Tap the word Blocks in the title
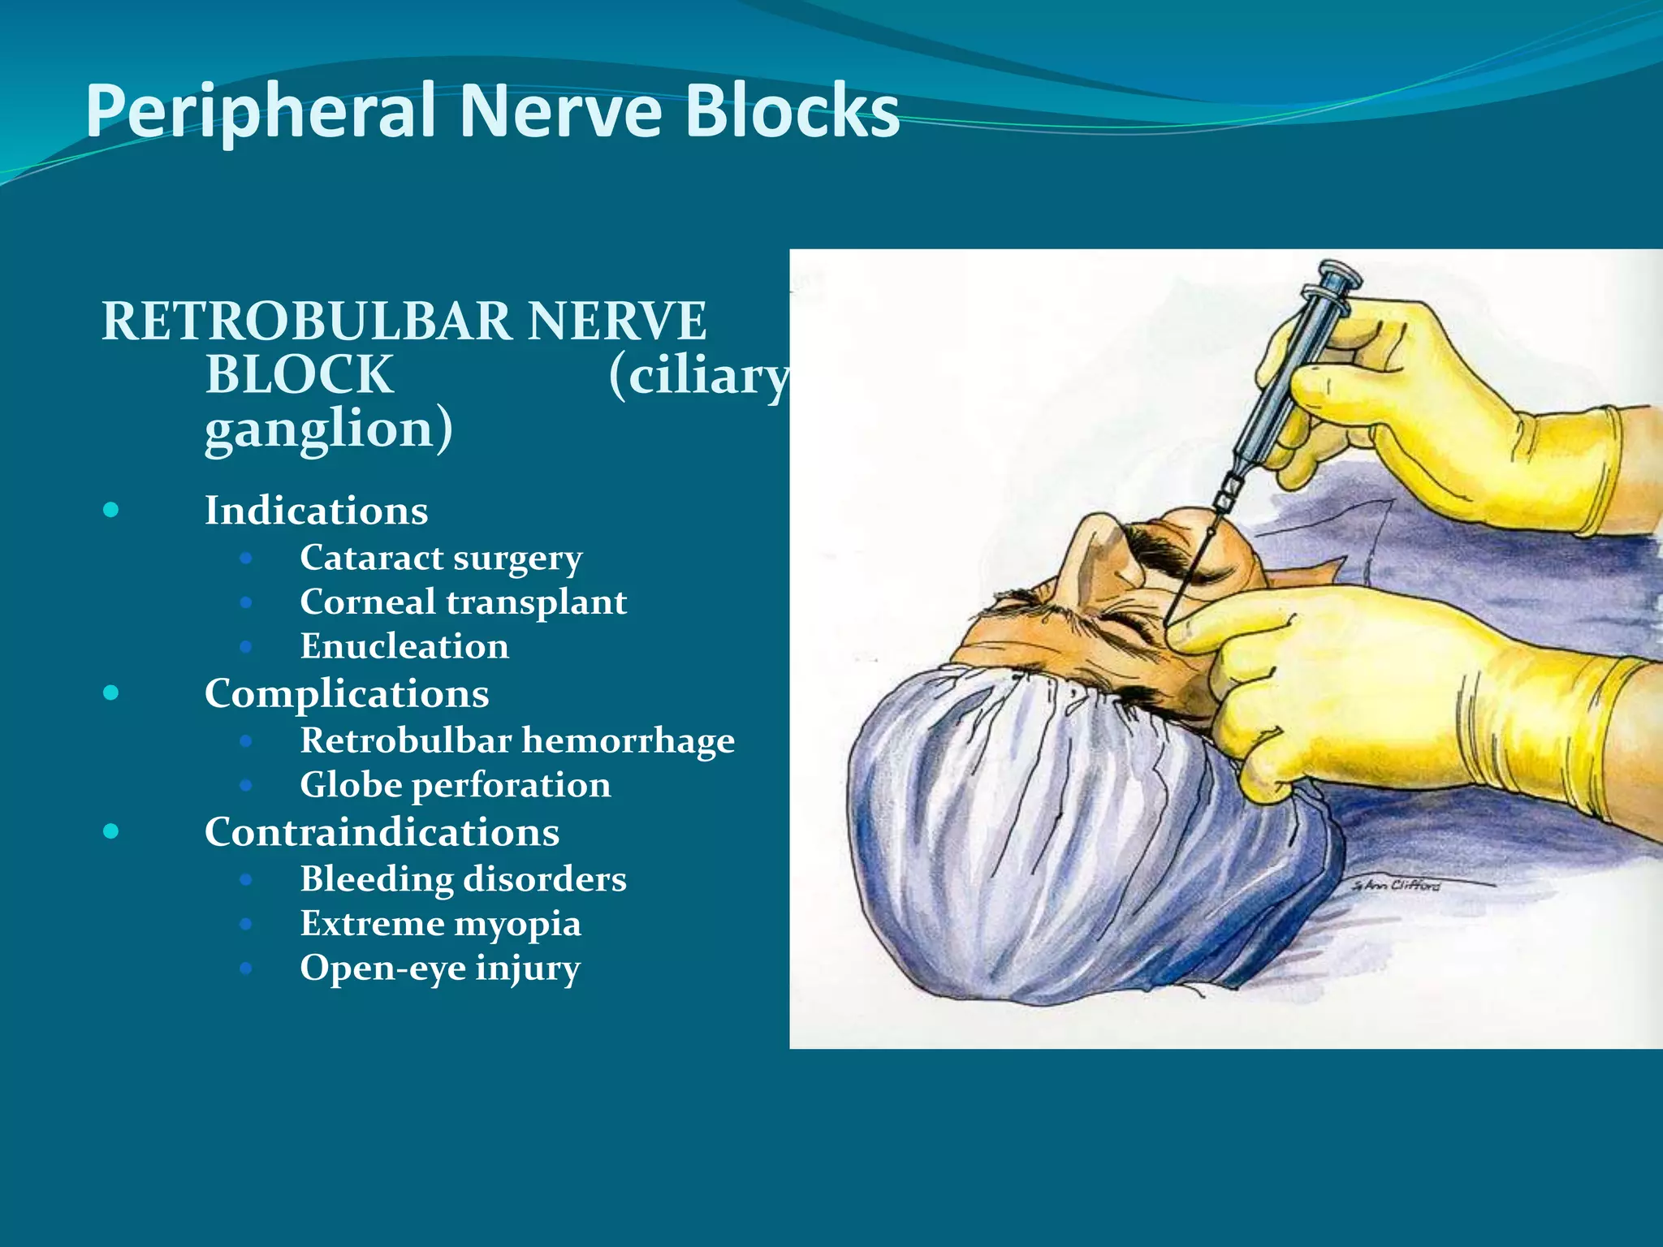(x=793, y=110)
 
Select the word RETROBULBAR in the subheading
(x=306, y=321)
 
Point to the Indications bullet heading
(x=316, y=511)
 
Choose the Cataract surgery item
(x=441, y=558)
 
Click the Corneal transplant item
(x=463, y=602)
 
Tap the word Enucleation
(x=404, y=646)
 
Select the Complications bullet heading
(x=347, y=693)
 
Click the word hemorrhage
(x=628, y=740)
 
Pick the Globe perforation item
(x=455, y=785)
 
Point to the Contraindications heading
(x=382, y=832)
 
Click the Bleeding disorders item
(x=463, y=879)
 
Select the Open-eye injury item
(x=440, y=968)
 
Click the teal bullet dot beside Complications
(x=111, y=693)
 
